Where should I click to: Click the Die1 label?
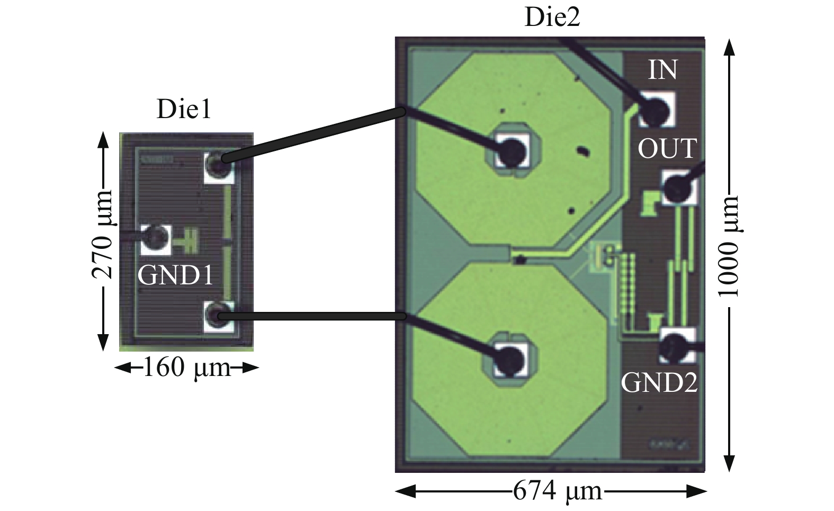(184, 110)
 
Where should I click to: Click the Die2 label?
(552, 17)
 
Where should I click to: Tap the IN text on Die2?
(662, 70)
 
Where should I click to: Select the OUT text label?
(667, 149)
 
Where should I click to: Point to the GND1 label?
(175, 275)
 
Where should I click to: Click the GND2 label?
(659, 382)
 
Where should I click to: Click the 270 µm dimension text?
(102, 235)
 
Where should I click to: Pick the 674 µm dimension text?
(558, 492)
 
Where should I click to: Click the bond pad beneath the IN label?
(657, 109)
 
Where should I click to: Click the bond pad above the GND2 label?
(677, 346)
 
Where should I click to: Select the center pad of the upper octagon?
(512, 150)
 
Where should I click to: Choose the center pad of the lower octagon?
(511, 360)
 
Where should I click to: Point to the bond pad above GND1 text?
(156, 239)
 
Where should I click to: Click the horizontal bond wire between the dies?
(312, 317)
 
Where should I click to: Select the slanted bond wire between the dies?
(312, 135)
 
